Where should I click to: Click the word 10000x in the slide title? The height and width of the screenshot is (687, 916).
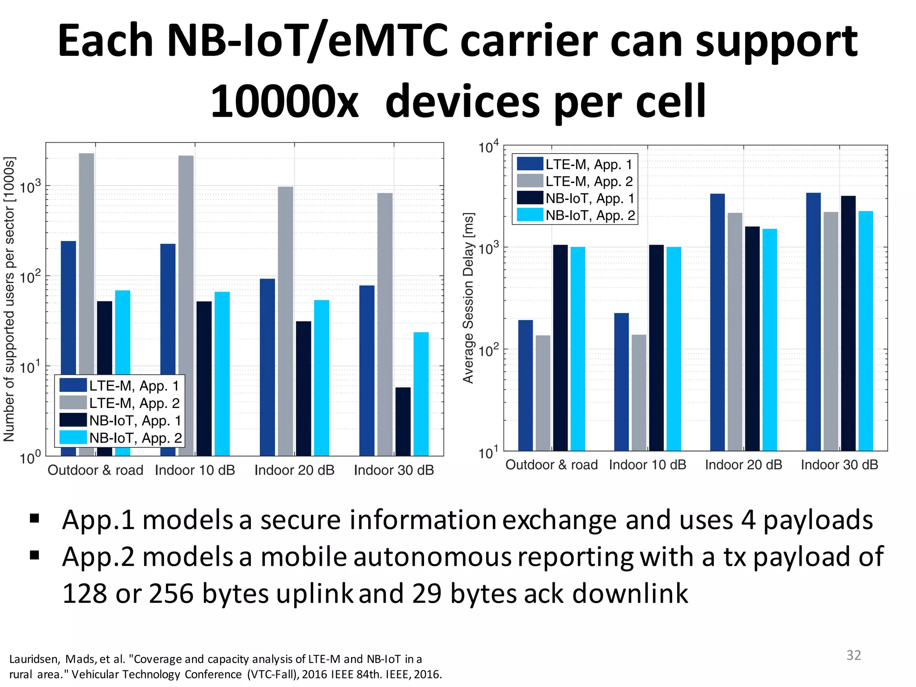click(x=284, y=102)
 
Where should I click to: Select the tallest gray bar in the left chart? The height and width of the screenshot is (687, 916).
click(x=87, y=304)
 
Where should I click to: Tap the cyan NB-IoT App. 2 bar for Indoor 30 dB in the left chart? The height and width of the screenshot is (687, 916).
click(x=421, y=394)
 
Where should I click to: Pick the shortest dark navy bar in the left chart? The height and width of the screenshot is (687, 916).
click(x=403, y=421)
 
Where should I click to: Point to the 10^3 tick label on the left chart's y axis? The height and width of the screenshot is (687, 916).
click(x=30, y=186)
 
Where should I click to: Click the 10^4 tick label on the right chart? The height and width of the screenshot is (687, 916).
click(x=488, y=147)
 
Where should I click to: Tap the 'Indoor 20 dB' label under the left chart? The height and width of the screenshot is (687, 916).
click(x=294, y=470)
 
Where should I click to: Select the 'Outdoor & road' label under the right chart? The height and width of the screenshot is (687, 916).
click(x=551, y=465)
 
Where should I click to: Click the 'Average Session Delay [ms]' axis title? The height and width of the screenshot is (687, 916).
click(x=468, y=298)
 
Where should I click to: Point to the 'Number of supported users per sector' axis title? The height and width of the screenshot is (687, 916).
click(x=9, y=299)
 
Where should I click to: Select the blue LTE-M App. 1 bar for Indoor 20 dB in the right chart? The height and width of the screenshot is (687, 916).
click(x=717, y=322)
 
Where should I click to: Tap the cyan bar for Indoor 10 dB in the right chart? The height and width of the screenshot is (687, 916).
click(x=674, y=349)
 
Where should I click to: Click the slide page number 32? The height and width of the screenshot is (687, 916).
click(x=853, y=655)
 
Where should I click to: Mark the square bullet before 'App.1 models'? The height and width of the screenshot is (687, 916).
click(x=34, y=519)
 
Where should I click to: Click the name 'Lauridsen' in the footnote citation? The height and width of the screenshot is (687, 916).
click(x=34, y=659)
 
